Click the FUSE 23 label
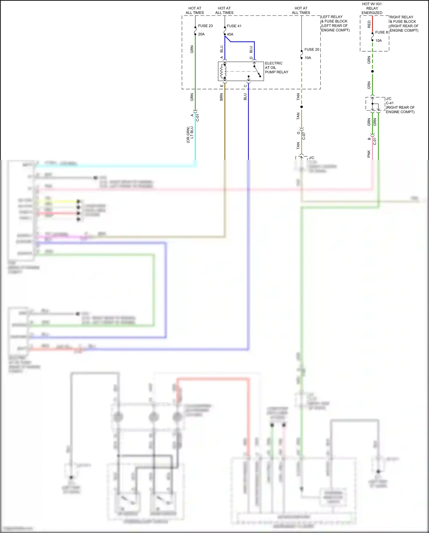[x=205, y=26]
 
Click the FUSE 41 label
[x=234, y=26]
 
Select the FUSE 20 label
[x=311, y=50]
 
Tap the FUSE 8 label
[x=382, y=32]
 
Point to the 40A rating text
[x=230, y=34]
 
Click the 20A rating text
[x=201, y=34]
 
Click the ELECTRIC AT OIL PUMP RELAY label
[x=276, y=68]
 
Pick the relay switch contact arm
[x=257, y=71]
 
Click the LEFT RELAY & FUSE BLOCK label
[x=335, y=23]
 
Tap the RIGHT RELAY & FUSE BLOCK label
[x=404, y=24]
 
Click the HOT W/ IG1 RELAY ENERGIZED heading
[x=372, y=8]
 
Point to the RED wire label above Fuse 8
[x=369, y=24]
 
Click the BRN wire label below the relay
[x=221, y=97]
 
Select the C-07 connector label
[x=304, y=135]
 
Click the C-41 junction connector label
[x=390, y=103]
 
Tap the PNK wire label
[x=369, y=154]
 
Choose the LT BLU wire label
[x=192, y=133]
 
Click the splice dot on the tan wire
[x=301, y=107]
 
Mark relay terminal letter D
[x=251, y=58]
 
